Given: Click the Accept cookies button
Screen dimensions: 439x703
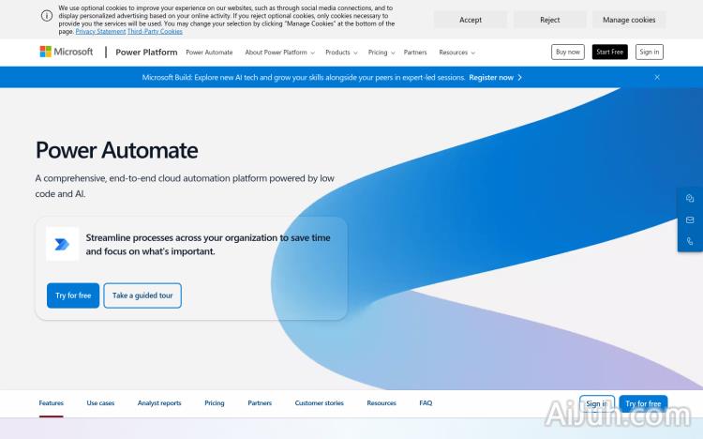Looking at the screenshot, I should [x=471, y=20].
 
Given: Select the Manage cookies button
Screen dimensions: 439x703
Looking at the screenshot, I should [x=629, y=20].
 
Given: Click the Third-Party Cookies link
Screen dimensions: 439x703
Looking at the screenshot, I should [x=156, y=32].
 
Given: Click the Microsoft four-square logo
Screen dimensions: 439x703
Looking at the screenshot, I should [x=46, y=52].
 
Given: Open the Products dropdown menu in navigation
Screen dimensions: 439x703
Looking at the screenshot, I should [x=341, y=53].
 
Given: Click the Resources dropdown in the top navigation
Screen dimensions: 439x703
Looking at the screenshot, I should [x=456, y=53].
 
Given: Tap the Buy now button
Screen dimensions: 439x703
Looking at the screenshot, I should [x=567, y=52].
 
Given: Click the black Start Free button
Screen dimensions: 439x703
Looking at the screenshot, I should [x=610, y=52].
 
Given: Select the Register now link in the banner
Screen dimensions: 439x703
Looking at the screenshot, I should [x=495, y=77].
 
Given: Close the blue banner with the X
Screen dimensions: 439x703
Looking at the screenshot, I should [x=657, y=77].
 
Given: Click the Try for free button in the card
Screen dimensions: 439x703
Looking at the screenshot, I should [x=73, y=295].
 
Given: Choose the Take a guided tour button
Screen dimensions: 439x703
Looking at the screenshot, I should [x=142, y=295].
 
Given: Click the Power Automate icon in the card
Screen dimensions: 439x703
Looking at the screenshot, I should [x=62, y=244].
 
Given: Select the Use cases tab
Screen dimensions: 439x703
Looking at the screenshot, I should [x=100, y=403].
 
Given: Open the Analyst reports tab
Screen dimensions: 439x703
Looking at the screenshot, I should [x=159, y=403].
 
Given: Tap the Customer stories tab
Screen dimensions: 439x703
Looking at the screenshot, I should [x=319, y=403].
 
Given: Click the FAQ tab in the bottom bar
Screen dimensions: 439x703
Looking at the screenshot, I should [x=426, y=403].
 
